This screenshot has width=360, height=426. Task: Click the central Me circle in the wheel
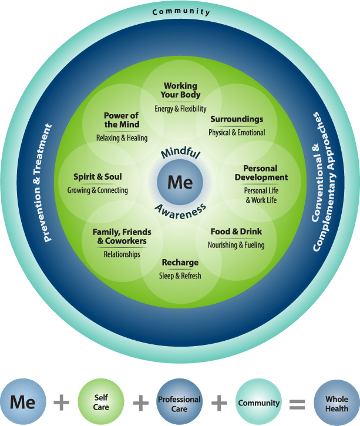coord(180,182)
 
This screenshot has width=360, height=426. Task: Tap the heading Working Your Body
coord(180,90)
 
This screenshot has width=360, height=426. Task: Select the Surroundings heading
coord(237,119)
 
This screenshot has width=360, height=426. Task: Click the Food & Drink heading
coord(236,232)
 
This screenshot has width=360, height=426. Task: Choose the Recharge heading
coord(180,262)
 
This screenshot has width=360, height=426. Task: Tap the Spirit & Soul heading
coord(97,176)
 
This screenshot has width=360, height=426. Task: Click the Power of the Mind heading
coord(122,120)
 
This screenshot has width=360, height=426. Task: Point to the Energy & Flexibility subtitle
coord(181,108)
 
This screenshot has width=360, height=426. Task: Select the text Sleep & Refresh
coord(180,276)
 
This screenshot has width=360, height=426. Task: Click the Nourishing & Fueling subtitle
coord(236,245)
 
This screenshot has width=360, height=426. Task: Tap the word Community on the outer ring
coord(180,12)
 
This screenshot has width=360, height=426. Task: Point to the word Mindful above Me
coord(180,155)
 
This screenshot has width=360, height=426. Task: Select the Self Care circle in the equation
coord(101,402)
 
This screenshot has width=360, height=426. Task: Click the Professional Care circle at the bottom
coord(179,403)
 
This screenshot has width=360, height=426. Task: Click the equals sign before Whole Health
coord(298,404)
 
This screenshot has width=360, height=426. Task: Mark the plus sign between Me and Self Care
coord(61,403)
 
